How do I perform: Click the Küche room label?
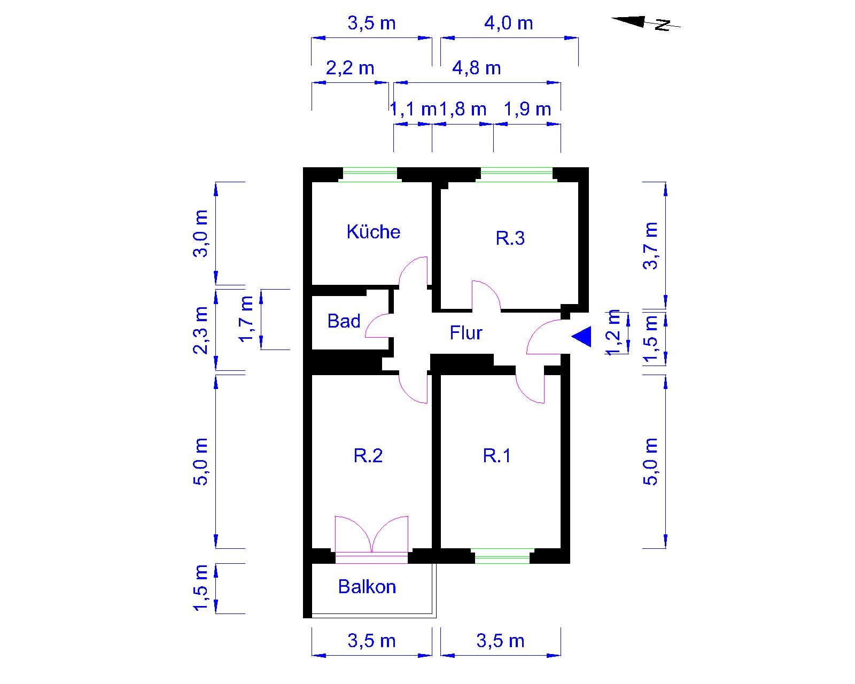point(373,232)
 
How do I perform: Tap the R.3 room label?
point(510,238)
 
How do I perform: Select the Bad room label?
point(344,321)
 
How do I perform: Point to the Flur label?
point(465,333)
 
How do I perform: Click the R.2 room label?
point(368,455)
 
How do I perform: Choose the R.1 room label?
point(496,455)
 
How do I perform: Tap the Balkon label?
point(367,587)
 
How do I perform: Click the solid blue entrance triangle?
point(581,336)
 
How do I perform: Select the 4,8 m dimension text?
point(476,68)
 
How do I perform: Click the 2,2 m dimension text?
point(350,68)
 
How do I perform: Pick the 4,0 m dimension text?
point(509,24)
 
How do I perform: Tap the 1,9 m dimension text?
point(527,110)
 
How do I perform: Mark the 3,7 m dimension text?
point(650,246)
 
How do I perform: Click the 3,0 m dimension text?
point(200,234)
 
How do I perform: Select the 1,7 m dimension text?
point(245,319)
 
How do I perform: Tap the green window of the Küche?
point(370,175)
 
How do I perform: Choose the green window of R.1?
point(502,556)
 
